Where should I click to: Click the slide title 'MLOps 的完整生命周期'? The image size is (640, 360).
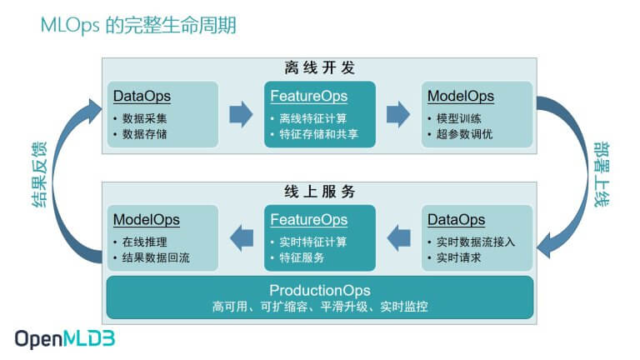click(138, 25)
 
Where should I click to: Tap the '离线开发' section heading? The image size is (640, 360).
click(320, 67)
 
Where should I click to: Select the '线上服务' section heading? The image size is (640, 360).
click(320, 192)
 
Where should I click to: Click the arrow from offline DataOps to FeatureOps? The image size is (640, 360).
click(241, 113)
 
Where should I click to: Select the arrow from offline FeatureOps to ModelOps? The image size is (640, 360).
click(399, 113)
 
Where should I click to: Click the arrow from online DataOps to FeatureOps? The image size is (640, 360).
click(399, 237)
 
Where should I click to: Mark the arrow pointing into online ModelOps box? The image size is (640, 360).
click(242, 237)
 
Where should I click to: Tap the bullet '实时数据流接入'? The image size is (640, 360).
click(476, 242)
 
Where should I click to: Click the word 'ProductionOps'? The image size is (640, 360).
click(320, 290)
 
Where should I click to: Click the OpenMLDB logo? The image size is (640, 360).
click(64, 339)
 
